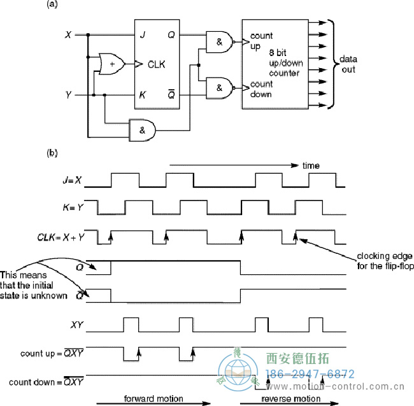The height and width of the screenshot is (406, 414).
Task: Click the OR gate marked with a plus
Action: coord(111,63)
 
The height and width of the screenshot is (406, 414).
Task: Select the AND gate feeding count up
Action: coord(218,43)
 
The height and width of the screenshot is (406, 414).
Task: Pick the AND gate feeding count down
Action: coord(218,88)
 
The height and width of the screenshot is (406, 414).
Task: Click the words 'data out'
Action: coord(348,63)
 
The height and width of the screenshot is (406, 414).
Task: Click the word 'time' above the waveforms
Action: coord(310,166)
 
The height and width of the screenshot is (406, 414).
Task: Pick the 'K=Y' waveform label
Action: coord(71,207)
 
